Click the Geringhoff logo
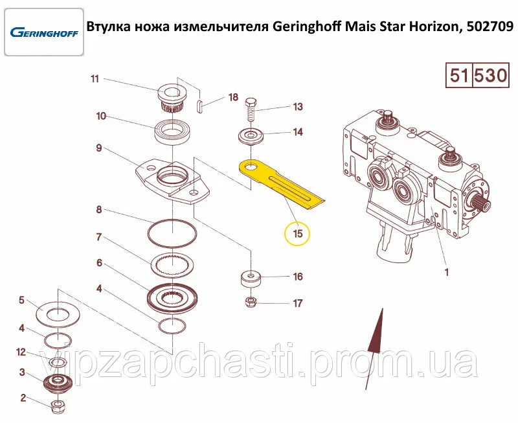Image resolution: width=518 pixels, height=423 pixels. click(x=44, y=32)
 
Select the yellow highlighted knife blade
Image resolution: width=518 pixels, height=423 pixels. click(x=282, y=185)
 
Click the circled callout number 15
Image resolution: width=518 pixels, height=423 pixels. click(x=297, y=234)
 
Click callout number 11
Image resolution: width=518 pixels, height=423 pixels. click(x=95, y=79)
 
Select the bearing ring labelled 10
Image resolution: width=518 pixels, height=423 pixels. click(x=172, y=132)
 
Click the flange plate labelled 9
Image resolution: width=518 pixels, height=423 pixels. click(x=173, y=182)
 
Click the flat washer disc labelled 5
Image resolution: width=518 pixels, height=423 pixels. click(x=58, y=314)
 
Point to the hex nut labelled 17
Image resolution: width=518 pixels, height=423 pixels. click(x=251, y=302)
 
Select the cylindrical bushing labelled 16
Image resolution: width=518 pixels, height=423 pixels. click(x=251, y=279)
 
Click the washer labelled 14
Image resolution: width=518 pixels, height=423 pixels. click(x=251, y=137)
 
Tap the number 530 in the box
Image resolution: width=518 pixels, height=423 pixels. click(x=490, y=75)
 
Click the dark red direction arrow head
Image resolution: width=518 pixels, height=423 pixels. click(x=377, y=330)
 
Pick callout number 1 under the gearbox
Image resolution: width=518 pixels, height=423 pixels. click(x=447, y=273)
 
